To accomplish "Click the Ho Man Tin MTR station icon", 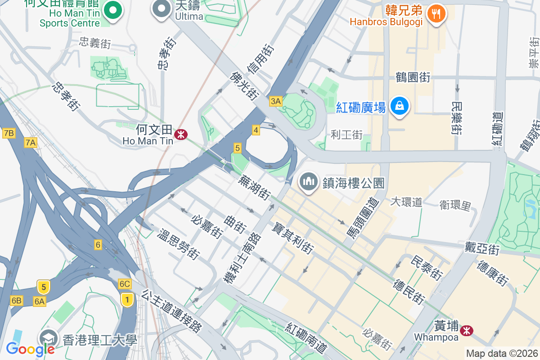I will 181,134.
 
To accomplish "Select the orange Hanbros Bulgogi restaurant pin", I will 436,14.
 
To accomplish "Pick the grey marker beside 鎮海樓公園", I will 309,182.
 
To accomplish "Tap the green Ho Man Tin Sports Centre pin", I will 113,10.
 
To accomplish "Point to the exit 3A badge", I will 275,101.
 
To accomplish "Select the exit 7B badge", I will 9,133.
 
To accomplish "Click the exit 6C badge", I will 125,284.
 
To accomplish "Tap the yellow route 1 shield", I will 127,299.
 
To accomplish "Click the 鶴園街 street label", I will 413,77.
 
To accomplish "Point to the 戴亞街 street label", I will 482,247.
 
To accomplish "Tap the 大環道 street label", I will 406,202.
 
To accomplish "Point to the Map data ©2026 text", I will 501,354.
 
